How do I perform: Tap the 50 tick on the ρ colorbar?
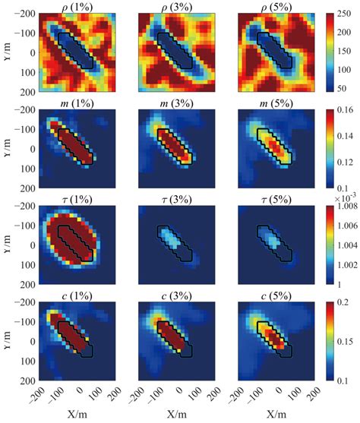click(x=337, y=89)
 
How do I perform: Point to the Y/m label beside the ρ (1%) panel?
click(x=7, y=52)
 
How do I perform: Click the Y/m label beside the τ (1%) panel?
click(x=7, y=245)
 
